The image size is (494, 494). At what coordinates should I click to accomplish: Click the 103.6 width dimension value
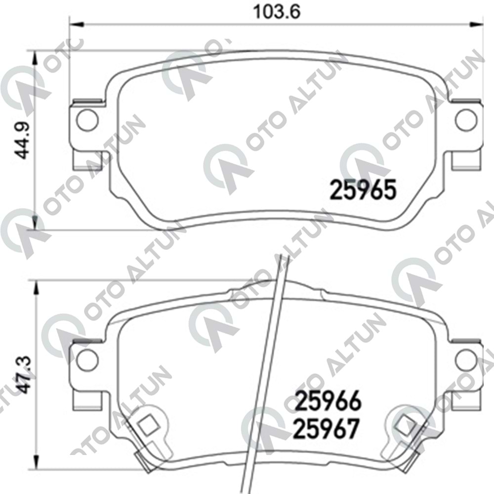pyautogui.click(x=277, y=12)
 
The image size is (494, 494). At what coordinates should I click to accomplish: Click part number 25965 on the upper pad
pyautogui.click(x=363, y=190)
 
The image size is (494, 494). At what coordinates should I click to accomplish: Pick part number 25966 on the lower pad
pyautogui.click(x=329, y=401)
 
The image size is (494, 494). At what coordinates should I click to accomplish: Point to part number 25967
pyautogui.click(x=326, y=429)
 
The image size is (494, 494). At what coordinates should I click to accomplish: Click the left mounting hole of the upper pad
pyautogui.click(x=88, y=120)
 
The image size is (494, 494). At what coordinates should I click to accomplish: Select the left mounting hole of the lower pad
pyautogui.click(x=88, y=360)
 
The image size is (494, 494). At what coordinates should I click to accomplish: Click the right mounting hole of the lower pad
pyautogui.click(x=467, y=360)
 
